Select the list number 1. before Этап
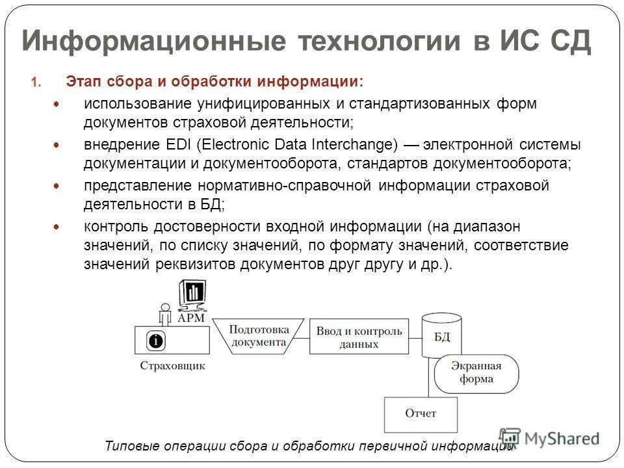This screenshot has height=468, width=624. point(35,83)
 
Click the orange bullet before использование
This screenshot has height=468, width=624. point(55,104)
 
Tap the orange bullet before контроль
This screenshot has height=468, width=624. point(55,227)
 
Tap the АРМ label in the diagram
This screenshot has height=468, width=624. point(192,318)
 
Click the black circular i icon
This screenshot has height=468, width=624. point(156,340)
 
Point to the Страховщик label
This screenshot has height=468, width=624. point(172,365)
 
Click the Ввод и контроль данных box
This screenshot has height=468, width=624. point(359,337)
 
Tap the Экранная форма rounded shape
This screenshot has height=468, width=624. point(476,373)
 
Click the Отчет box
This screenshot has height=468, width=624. point(421,413)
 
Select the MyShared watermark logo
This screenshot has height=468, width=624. point(549,438)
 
